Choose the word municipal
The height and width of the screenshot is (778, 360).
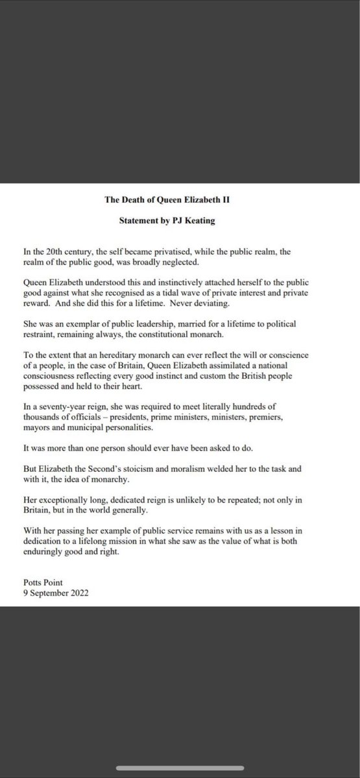point(103,432)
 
